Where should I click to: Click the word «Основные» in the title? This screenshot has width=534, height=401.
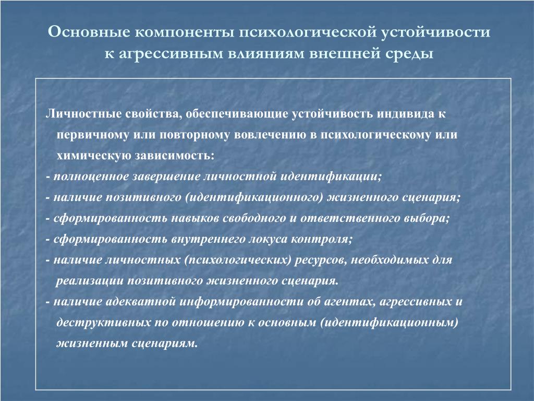click(89, 32)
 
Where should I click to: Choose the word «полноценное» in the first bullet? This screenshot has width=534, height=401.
click(91, 176)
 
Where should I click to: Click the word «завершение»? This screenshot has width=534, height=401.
click(166, 177)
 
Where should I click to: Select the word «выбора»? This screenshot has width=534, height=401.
click(427, 218)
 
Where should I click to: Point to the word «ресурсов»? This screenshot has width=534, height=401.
click(321, 261)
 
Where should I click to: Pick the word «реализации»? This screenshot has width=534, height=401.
click(90, 281)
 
